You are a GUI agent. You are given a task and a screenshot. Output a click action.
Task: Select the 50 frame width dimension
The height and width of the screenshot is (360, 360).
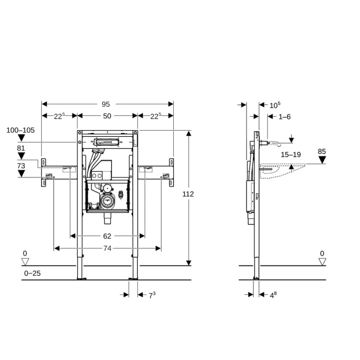click(x=107, y=116)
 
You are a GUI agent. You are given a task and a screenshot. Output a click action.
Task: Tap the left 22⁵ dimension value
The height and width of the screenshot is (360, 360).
click(x=59, y=116)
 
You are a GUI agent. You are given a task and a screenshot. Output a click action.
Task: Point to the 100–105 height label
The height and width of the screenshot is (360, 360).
click(x=21, y=131)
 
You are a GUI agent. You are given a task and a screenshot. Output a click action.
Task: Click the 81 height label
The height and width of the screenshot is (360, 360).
click(x=21, y=148)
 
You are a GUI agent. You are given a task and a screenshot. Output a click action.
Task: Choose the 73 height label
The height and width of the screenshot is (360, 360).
click(x=21, y=166)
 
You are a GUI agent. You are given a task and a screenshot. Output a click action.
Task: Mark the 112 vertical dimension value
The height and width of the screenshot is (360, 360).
click(x=188, y=194)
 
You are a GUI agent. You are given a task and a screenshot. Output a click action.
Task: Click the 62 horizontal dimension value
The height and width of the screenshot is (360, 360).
click(x=107, y=236)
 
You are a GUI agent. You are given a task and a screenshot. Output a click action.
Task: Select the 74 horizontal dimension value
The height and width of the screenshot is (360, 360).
click(x=107, y=248)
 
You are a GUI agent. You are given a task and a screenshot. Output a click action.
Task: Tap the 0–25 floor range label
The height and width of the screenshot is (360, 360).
click(x=32, y=273)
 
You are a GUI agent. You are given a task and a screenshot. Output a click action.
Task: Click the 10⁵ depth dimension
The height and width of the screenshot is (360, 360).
click(x=275, y=105)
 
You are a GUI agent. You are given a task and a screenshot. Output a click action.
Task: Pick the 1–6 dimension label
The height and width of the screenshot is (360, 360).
click(x=284, y=117)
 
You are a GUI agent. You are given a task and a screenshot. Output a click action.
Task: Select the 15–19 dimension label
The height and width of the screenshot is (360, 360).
click(x=291, y=154)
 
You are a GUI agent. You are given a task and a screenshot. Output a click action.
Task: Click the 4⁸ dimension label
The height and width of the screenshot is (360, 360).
click(x=274, y=295)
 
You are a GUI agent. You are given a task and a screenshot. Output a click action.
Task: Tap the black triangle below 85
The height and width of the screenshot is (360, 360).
click(x=322, y=160)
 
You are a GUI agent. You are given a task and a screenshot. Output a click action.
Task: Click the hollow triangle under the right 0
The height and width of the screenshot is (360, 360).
click(x=322, y=262)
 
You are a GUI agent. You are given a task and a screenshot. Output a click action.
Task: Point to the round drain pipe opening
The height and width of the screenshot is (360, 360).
click(x=107, y=202)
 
